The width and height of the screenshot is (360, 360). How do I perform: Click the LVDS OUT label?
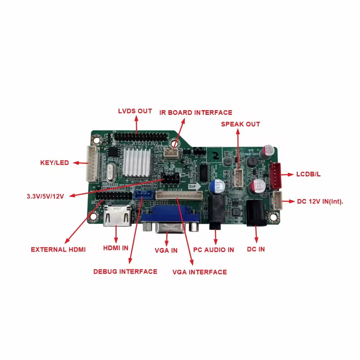[x=135, y=111]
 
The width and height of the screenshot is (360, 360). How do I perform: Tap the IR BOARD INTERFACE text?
[x=196, y=112]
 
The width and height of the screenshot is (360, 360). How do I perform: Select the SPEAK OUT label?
[x=240, y=124]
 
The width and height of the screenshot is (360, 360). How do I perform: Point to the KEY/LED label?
[x=54, y=163]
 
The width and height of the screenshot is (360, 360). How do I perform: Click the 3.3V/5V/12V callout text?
[x=45, y=196]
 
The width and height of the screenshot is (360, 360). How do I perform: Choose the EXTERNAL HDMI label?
[x=58, y=249]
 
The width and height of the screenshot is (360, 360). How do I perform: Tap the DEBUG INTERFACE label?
[x=125, y=271]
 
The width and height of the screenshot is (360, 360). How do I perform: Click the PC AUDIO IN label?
[x=213, y=249]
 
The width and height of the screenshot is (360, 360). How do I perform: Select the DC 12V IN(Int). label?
[x=320, y=202]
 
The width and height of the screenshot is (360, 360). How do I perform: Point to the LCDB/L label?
[x=309, y=174]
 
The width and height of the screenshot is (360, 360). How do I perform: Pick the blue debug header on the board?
[x=144, y=195]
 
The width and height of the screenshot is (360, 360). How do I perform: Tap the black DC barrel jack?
[x=256, y=213]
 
